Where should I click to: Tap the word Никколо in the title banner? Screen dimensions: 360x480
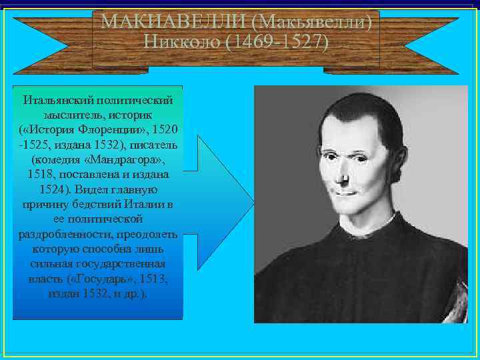[x=181, y=43]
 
